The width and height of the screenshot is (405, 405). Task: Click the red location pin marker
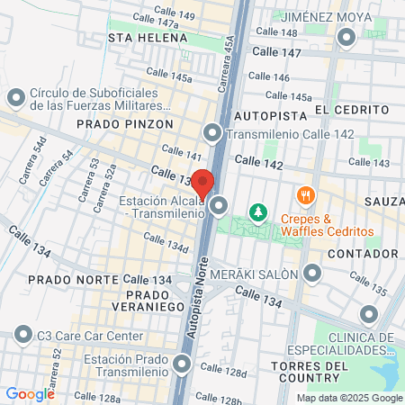(x=203, y=183)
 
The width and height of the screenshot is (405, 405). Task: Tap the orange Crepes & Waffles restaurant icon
(x=306, y=195)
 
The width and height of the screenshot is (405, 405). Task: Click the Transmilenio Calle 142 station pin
(x=212, y=134)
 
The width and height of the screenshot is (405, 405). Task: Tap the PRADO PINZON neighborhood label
(x=117, y=123)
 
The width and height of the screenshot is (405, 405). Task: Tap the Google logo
(x=30, y=393)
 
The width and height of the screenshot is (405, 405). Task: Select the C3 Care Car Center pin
(x=22, y=336)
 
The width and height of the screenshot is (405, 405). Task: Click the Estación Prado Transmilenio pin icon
(x=183, y=364)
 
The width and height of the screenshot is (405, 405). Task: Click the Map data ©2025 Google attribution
(x=350, y=398)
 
